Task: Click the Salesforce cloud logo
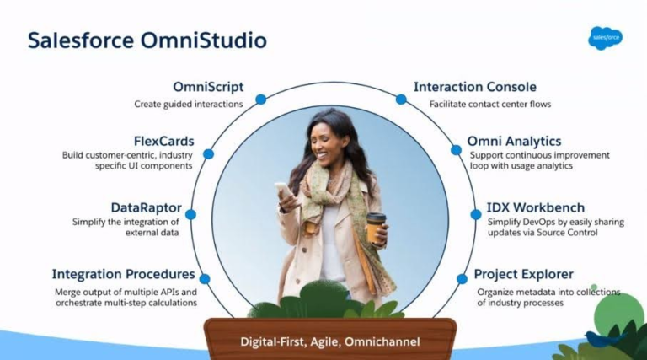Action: [x=605, y=38]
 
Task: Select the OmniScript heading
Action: [x=208, y=87]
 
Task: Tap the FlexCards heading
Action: [x=163, y=140]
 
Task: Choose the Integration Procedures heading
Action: [x=124, y=274]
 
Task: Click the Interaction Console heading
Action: [x=475, y=87]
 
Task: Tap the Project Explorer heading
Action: [x=524, y=274]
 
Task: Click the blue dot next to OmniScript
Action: [x=260, y=99]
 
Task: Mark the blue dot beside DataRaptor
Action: [x=191, y=214]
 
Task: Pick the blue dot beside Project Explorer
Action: [x=463, y=278]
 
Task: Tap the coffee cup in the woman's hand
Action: [x=376, y=228]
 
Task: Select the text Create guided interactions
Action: [x=189, y=104]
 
